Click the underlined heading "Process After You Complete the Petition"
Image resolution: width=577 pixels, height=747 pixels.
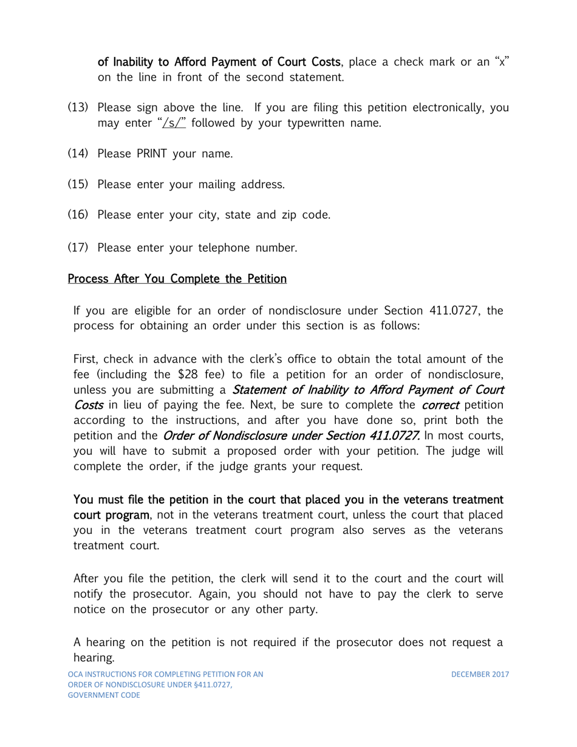[177, 279]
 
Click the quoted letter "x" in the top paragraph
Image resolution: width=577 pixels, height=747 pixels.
[502, 61]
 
